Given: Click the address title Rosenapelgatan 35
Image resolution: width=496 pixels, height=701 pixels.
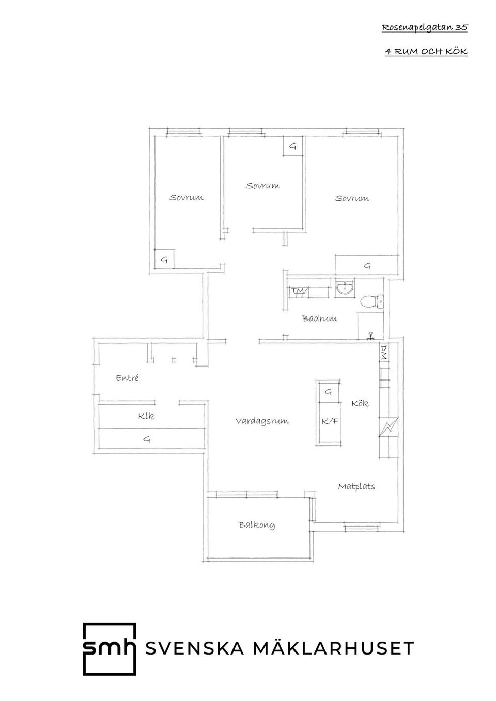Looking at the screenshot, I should [x=425, y=28].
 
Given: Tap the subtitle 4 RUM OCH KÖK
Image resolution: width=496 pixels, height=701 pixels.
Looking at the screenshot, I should [x=426, y=52].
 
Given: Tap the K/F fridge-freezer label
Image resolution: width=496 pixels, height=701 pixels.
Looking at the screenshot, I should [x=330, y=421].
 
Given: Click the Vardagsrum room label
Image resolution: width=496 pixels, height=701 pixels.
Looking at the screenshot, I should [x=262, y=421].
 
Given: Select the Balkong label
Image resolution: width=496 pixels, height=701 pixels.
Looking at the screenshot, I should [x=257, y=525].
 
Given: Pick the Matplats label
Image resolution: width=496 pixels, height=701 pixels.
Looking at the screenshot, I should [x=357, y=486].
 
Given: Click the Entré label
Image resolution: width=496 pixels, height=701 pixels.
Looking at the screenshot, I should [x=127, y=378].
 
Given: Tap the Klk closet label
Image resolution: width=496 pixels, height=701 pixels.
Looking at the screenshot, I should [x=146, y=416].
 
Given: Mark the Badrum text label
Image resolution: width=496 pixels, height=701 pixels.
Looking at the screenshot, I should [x=320, y=318].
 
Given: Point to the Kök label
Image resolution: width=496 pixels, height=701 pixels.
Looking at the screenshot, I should [x=360, y=403].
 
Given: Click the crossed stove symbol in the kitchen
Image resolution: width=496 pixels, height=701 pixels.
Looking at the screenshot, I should [x=388, y=427].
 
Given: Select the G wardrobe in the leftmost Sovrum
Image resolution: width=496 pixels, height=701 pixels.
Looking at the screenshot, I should [x=164, y=260].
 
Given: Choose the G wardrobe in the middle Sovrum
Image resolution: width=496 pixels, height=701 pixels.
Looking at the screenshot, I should [x=293, y=147].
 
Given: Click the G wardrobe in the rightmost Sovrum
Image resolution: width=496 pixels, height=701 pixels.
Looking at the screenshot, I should [x=367, y=266].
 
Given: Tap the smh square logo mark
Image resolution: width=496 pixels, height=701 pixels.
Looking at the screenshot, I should [x=110, y=649].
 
